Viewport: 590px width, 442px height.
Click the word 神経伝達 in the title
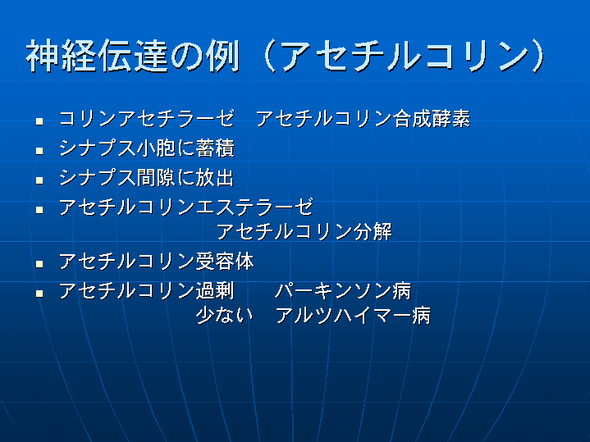point(97,56)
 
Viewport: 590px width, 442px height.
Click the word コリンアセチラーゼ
point(146,118)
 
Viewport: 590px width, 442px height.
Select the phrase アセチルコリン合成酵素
point(363,118)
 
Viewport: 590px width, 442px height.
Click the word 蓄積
point(215,148)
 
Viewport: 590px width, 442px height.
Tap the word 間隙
point(156,177)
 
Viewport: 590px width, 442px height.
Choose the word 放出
point(215,177)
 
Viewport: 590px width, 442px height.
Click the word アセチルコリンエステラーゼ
point(186,207)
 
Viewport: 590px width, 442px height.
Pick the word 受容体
point(225,261)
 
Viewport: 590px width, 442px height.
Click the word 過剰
point(215,290)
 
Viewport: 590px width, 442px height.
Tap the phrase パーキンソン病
point(343,290)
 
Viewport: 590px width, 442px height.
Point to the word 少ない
point(224,315)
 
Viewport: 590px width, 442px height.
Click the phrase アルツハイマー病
point(353,315)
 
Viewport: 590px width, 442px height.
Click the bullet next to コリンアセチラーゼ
point(39,121)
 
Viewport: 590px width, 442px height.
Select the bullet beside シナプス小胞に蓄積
point(39,150)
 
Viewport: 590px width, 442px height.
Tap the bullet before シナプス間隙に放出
point(39,180)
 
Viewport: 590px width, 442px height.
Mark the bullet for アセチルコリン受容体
point(39,264)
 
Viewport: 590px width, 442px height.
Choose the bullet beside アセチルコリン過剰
point(39,293)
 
